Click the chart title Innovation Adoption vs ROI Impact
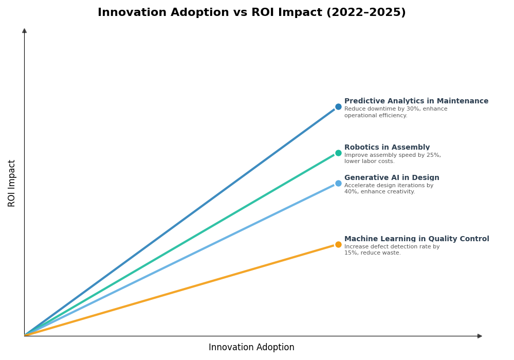point(251,12)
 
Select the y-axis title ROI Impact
point(12,183)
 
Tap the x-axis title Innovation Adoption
point(251,348)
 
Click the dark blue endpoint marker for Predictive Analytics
point(338,107)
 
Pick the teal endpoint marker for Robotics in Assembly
point(338,153)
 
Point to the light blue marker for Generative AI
point(338,184)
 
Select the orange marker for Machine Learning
point(338,245)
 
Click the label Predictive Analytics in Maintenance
point(416,101)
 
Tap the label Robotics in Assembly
point(387,148)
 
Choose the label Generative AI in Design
point(392,178)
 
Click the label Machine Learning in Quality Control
point(416,239)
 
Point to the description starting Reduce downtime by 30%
point(395,112)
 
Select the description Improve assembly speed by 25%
point(392,158)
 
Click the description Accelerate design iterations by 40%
point(389,189)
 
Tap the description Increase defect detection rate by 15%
point(392,250)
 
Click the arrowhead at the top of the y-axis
point(24,31)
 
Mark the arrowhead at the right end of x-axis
point(480,336)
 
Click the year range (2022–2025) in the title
point(366,12)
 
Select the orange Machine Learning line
point(180,290)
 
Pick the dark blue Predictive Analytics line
point(180,222)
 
